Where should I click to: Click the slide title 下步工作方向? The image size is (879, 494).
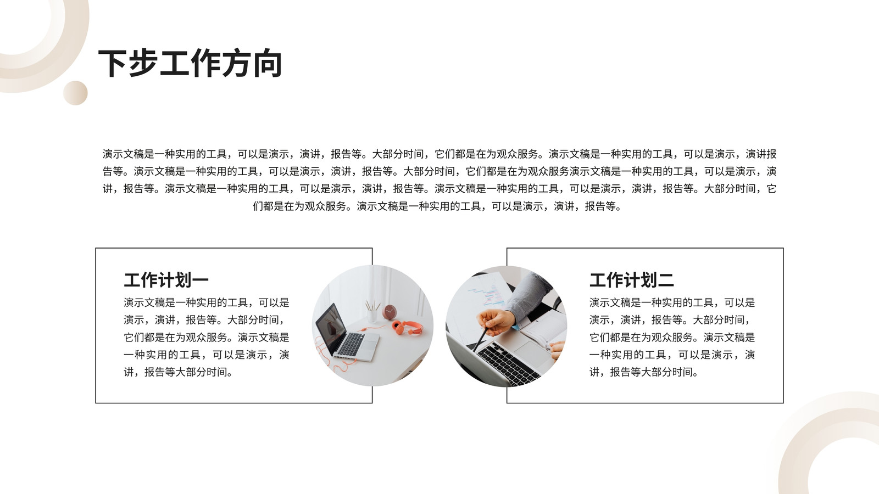click(x=190, y=63)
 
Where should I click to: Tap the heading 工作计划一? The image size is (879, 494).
click(x=166, y=280)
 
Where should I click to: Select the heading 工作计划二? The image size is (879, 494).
click(x=631, y=280)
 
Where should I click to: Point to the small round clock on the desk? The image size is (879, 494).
click(x=390, y=312)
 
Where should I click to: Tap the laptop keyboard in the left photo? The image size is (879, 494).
click(x=351, y=344)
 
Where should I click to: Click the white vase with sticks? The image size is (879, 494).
click(x=372, y=312)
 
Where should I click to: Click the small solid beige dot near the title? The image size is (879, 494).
click(x=75, y=93)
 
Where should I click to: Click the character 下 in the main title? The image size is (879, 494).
click(x=113, y=63)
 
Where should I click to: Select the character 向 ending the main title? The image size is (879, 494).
click(x=268, y=63)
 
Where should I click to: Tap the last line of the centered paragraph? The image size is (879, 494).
click(x=437, y=206)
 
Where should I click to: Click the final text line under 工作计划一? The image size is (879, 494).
click(x=179, y=372)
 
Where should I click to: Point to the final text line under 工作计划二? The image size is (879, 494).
click(x=644, y=372)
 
